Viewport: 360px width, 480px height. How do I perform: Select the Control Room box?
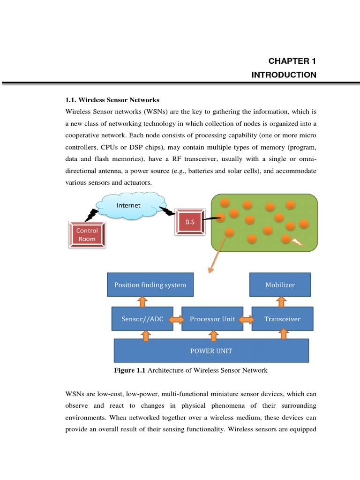(87, 234)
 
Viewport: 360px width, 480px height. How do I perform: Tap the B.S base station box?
(189, 222)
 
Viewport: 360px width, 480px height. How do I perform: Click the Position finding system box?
(150, 285)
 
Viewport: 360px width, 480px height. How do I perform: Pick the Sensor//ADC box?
(142, 319)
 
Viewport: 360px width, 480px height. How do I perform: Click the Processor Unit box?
(212, 319)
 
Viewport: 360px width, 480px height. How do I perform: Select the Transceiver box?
(282, 319)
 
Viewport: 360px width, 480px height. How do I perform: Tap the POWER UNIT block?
(211, 351)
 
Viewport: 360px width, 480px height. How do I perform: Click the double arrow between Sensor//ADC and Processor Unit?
(177, 319)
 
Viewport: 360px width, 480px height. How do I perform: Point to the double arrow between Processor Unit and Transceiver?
(247, 319)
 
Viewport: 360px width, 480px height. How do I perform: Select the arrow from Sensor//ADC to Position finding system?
(142, 301)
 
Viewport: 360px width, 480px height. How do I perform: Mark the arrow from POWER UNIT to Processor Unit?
(214, 335)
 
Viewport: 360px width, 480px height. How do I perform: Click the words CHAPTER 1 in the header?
(292, 61)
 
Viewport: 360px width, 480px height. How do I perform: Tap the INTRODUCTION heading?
(284, 75)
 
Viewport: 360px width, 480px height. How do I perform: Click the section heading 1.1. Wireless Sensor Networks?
(112, 100)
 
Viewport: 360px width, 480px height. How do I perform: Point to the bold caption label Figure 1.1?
(130, 370)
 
